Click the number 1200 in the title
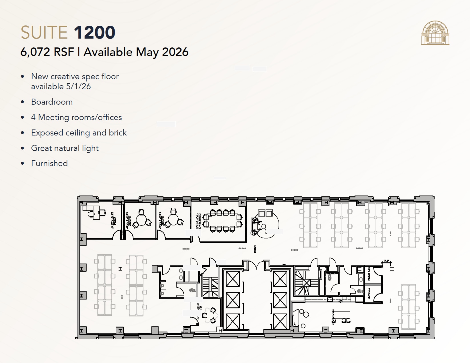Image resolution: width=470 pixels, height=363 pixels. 95,32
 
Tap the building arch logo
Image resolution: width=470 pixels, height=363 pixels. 435,33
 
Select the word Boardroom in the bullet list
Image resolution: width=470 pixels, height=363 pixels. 52,102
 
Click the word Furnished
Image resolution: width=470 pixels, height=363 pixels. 49,163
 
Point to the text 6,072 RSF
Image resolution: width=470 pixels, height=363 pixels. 47,52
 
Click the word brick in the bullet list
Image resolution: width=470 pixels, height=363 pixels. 117,133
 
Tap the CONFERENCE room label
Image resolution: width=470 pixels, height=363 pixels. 198,221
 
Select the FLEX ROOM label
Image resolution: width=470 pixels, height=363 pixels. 369,273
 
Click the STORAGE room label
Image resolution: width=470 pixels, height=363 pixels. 369,294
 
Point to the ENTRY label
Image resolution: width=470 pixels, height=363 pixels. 255,249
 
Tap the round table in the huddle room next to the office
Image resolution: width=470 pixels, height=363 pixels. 141,220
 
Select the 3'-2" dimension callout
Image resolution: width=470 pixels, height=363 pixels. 386,261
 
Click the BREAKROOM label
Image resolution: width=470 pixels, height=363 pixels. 333,316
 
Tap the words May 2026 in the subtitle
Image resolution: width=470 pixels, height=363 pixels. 162,52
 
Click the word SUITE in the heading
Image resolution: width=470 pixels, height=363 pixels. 44,32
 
